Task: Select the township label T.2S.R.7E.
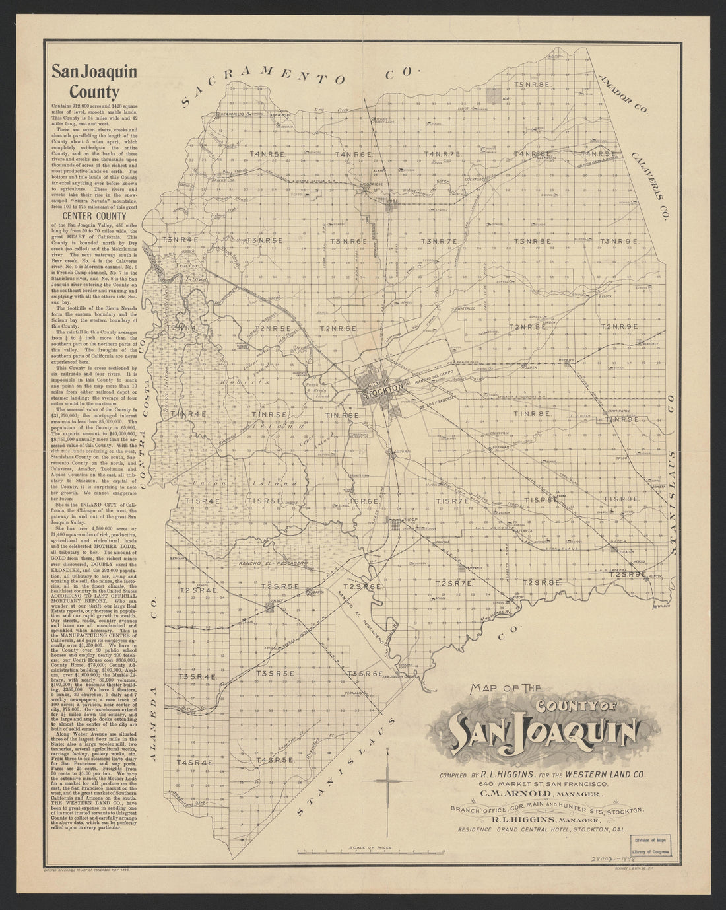455,583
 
